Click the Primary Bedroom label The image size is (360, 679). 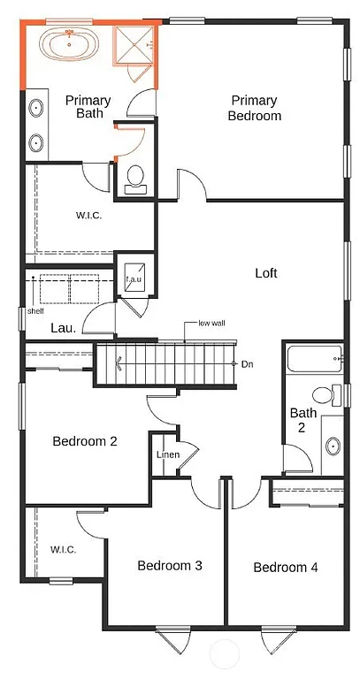255,108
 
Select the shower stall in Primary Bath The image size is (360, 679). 134,44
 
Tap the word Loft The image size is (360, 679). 266,273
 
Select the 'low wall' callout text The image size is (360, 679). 211,324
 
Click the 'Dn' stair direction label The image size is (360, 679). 247,363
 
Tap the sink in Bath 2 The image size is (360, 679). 333,445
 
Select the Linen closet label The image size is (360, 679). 168,454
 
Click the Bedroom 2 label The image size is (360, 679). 85,441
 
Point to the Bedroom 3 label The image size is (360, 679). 170,566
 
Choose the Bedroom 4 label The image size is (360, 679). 286,567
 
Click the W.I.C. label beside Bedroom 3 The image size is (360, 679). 63,549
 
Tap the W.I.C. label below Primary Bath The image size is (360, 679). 89,214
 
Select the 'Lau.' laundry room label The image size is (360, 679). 61,327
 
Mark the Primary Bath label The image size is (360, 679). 88,106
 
